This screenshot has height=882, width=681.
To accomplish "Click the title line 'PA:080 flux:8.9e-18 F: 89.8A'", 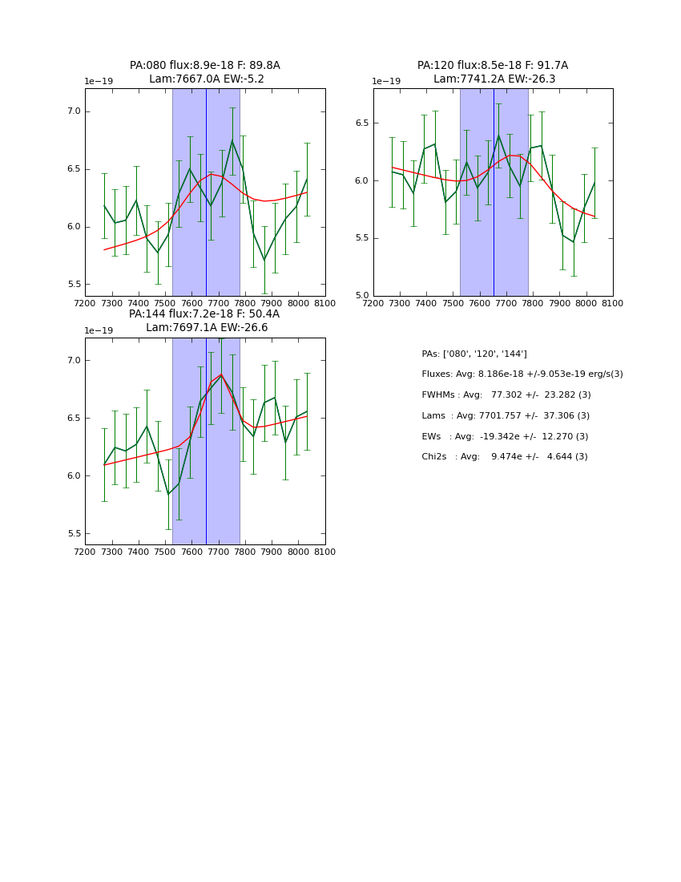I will (x=205, y=66).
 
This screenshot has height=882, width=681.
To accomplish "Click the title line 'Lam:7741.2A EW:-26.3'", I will (x=493, y=79).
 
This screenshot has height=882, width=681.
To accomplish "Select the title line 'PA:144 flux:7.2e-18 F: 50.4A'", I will (x=204, y=314).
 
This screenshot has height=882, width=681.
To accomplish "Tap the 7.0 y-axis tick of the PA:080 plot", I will (x=74, y=111).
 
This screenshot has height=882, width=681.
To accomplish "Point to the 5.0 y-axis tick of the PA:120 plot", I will (x=361, y=296).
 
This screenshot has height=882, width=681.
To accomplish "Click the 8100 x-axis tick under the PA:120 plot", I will (x=613, y=303).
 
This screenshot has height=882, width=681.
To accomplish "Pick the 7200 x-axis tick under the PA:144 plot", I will (x=85, y=552).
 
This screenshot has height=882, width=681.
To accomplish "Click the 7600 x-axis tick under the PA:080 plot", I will (x=191, y=303).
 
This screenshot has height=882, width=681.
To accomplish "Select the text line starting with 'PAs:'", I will (x=474, y=354).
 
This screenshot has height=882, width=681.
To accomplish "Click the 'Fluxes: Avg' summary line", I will (x=522, y=374).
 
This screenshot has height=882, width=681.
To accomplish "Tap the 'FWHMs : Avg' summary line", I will (x=506, y=395).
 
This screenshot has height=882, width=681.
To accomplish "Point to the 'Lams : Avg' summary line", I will (x=506, y=416).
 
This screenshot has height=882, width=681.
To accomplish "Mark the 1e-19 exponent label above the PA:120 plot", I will (x=386, y=81).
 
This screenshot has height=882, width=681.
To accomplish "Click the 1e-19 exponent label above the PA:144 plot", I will (x=99, y=330).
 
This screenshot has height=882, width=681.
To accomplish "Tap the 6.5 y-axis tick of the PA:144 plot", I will (x=74, y=419).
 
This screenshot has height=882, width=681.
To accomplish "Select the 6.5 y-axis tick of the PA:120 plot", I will (x=361, y=123).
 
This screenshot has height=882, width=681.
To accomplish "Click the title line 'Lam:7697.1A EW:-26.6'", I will (x=207, y=328).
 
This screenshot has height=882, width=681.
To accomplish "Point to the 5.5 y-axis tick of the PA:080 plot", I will (x=74, y=285).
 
